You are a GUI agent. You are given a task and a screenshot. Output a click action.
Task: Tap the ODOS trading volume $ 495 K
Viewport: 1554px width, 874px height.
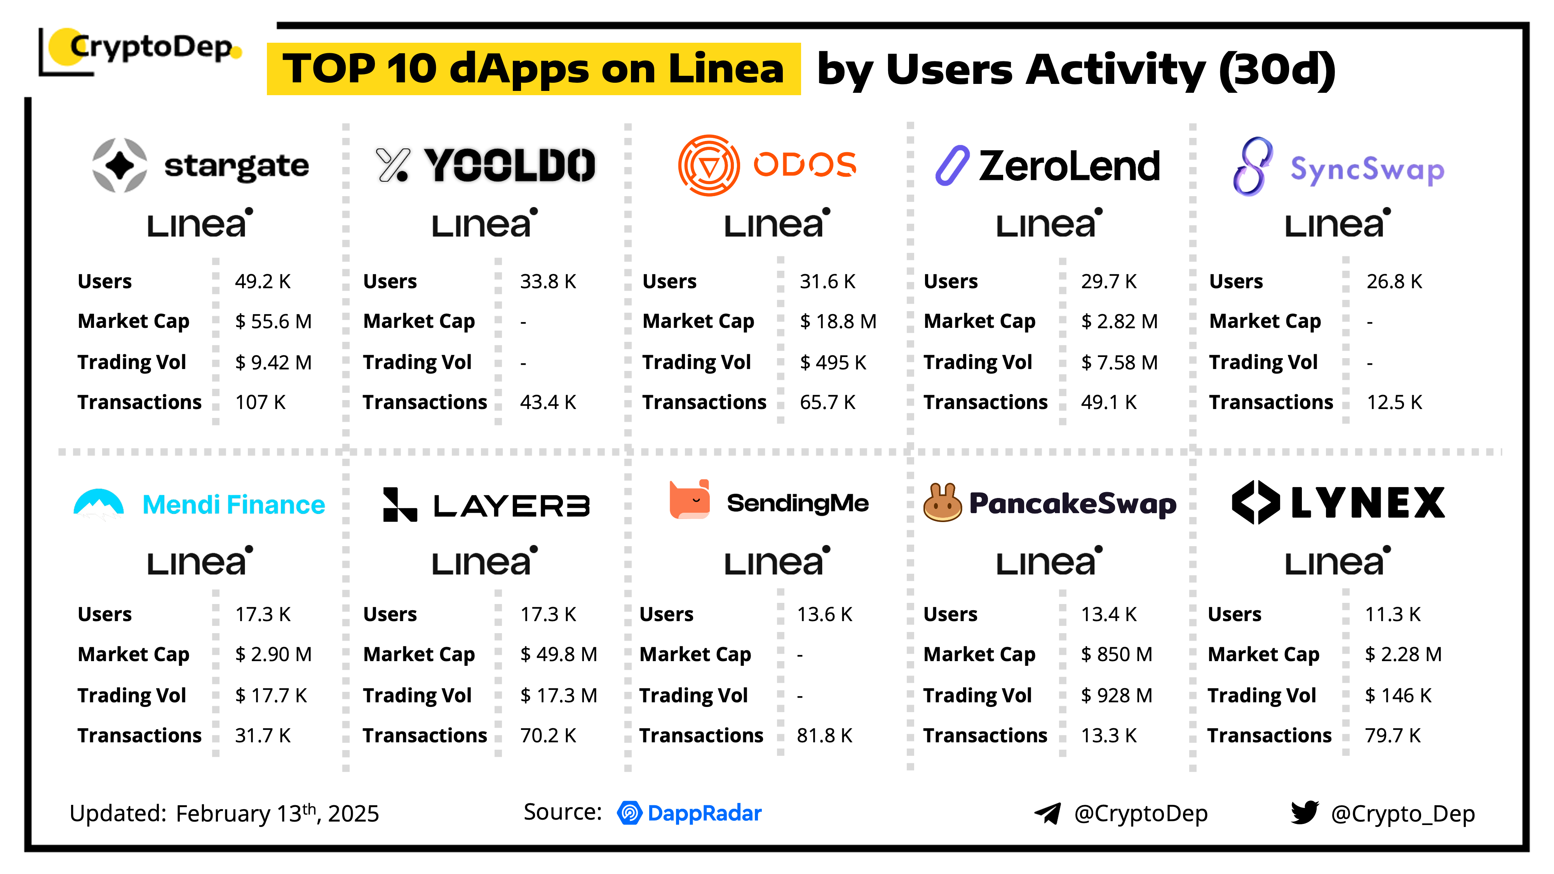pos(833,362)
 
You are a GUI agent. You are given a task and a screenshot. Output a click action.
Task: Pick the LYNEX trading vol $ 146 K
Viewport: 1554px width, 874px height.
pos(1398,695)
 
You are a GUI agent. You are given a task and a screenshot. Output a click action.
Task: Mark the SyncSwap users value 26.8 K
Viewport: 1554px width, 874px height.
pos(1394,281)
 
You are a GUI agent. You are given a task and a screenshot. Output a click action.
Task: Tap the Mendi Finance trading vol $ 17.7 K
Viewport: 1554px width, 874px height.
pos(271,695)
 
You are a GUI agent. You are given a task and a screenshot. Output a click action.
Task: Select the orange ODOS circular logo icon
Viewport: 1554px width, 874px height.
pos(709,165)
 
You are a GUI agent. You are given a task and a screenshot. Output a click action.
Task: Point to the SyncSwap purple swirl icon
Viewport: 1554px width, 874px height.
pos(1253,167)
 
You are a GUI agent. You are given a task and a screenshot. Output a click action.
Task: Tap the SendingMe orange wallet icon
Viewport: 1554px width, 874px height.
pos(690,500)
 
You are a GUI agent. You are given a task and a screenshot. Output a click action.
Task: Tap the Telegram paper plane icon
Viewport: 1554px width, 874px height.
pos(1048,813)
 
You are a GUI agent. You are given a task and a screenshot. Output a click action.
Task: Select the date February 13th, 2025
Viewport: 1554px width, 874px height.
pos(277,813)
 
